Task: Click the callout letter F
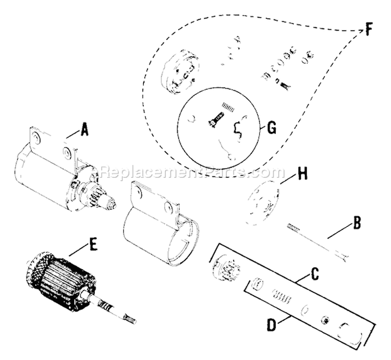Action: (369, 30)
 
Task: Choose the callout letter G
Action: (271, 128)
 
